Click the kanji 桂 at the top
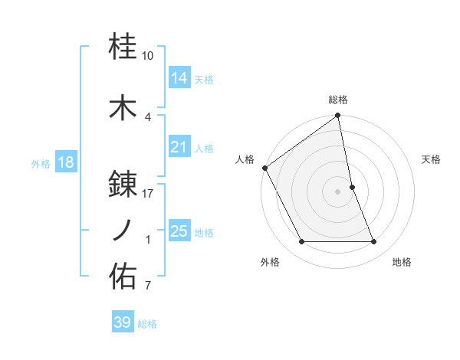click(123, 47)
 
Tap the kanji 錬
click(123, 184)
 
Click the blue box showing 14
click(179, 77)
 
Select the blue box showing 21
click(179, 147)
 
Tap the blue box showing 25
click(179, 231)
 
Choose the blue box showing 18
click(65, 162)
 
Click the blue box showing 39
click(122, 322)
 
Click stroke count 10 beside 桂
click(148, 56)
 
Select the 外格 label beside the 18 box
click(41, 163)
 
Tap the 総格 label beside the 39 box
click(147, 324)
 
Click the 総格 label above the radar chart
click(338, 100)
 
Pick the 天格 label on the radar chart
click(432, 159)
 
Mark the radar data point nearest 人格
click(264, 168)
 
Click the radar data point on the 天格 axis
click(352, 187)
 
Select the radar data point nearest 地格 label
click(374, 242)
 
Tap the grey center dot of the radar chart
click(338, 191)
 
